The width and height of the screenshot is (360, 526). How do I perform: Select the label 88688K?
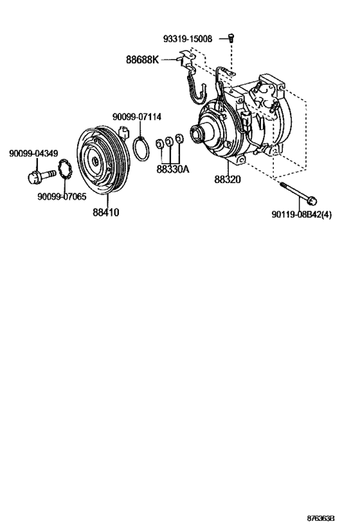pos(141,60)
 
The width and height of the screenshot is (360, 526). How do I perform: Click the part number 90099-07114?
pos(136,116)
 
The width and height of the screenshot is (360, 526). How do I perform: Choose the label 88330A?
pos(173,170)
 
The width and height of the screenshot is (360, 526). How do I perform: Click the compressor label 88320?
pos(228,179)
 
